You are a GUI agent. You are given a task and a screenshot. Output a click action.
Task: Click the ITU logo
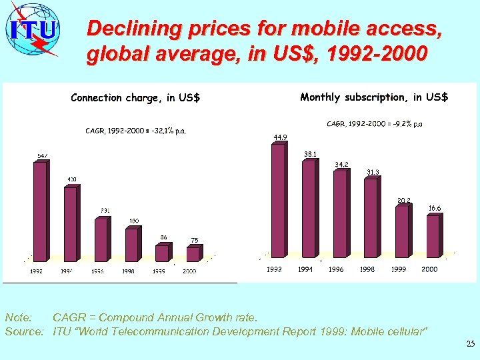pyautogui.click(x=33, y=30)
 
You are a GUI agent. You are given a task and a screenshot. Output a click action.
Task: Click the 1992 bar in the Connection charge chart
pyautogui.click(x=40, y=211)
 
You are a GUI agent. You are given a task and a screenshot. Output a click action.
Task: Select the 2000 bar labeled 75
pyautogui.click(x=193, y=254)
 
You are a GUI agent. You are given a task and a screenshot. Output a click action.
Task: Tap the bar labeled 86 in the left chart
pyautogui.click(x=162, y=253)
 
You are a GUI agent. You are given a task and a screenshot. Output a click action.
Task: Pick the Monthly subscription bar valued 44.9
pyautogui.click(x=277, y=200)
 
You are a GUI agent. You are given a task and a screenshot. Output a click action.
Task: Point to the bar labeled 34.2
pyautogui.click(x=339, y=213)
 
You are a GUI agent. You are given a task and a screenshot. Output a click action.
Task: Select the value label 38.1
pyautogui.click(x=310, y=154)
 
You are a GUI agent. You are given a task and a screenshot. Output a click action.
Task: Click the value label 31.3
pyautogui.click(x=373, y=172)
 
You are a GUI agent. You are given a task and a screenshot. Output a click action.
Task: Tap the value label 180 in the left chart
pyautogui.click(x=134, y=221)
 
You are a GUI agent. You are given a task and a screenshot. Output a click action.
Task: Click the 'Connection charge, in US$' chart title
pyautogui.click(x=135, y=98)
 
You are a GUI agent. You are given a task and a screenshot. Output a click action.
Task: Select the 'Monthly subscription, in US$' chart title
pyautogui.click(x=374, y=97)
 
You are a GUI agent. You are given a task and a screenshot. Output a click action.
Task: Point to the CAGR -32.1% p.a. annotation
pyautogui.click(x=135, y=131)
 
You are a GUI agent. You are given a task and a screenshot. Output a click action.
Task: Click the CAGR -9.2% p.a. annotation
pyautogui.click(x=374, y=124)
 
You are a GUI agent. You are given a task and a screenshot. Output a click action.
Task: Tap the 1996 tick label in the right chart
pyautogui.click(x=336, y=269)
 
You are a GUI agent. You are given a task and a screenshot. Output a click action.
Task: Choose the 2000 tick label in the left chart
pyautogui.click(x=189, y=271)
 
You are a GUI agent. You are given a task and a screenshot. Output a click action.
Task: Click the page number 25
pyautogui.click(x=471, y=344)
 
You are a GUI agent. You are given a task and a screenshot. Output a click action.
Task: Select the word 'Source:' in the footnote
pyautogui.click(x=25, y=331)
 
